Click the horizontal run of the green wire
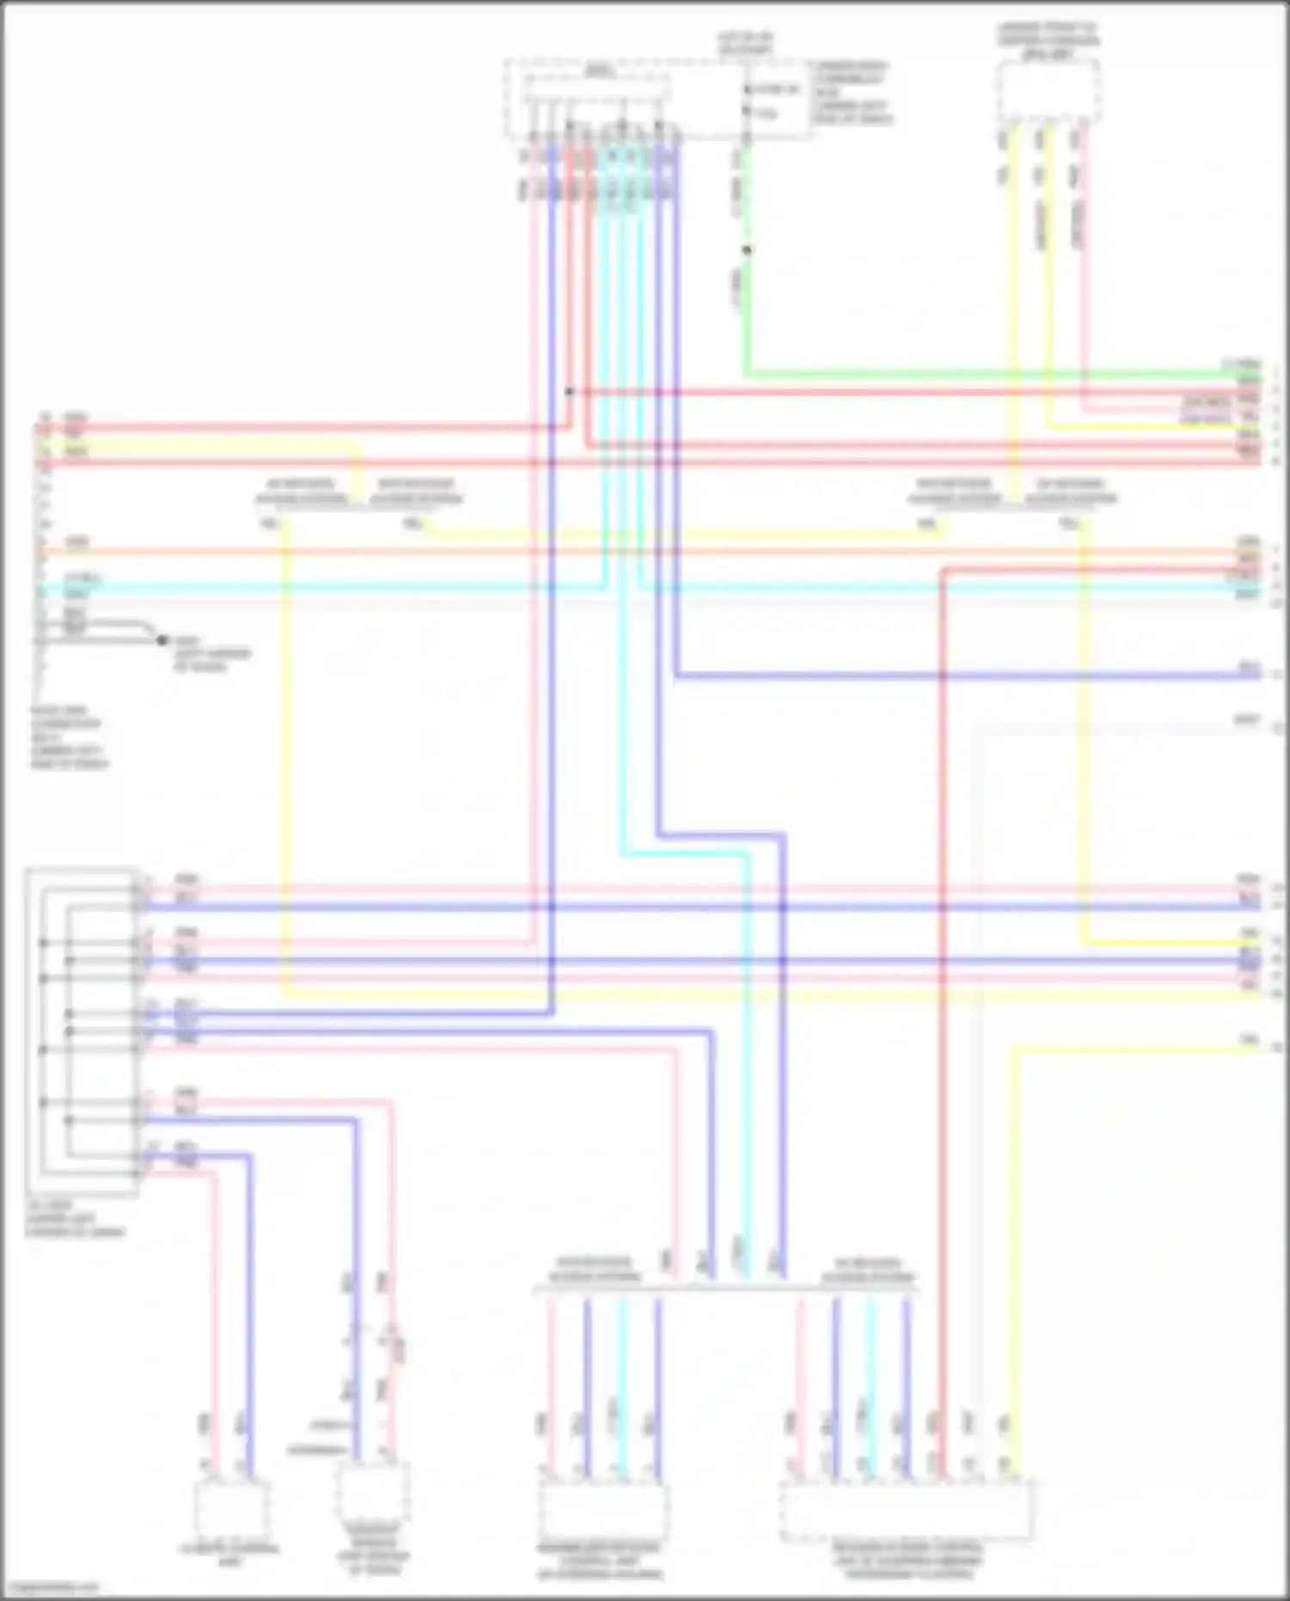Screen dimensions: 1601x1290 click(989, 375)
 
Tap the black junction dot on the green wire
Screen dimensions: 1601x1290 click(746, 250)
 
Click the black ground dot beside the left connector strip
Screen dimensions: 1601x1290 click(162, 640)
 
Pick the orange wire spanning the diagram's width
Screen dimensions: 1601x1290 click(645, 551)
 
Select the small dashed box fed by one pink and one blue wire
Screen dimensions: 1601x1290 click(230, 1511)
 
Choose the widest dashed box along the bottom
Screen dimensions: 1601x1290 click(906, 1511)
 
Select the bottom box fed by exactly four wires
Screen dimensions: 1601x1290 click(601, 1511)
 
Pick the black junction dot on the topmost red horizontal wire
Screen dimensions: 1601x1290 click(568, 391)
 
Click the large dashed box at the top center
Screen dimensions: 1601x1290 click(658, 99)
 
